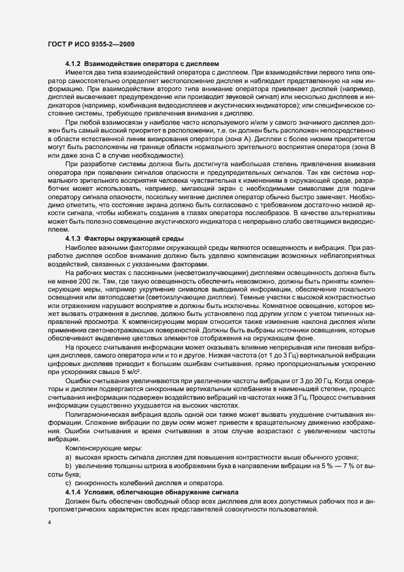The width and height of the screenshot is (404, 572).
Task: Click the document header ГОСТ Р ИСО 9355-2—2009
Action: (x=91, y=44)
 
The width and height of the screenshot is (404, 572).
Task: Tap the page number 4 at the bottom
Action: (x=49, y=522)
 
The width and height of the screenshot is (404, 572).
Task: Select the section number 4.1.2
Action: (x=73, y=64)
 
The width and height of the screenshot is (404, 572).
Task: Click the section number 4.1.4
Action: (x=73, y=492)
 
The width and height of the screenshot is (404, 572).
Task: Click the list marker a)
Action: (x=68, y=458)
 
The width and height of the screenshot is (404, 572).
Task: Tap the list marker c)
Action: (x=68, y=483)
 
